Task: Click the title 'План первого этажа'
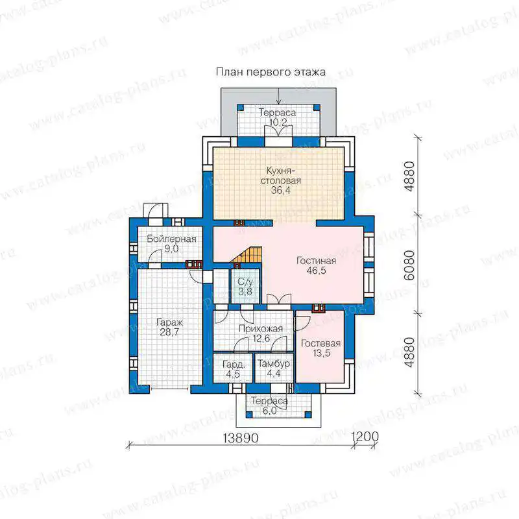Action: (x=271, y=73)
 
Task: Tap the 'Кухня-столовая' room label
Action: (x=281, y=175)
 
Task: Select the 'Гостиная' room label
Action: (x=316, y=261)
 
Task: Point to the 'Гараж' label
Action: (x=169, y=322)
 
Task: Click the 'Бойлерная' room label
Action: (x=171, y=239)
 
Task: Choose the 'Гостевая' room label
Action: (x=320, y=344)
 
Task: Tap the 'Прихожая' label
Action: (x=261, y=329)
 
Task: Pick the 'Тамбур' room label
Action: (x=274, y=364)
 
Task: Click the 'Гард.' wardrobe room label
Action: (x=234, y=365)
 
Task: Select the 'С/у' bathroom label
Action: (x=245, y=282)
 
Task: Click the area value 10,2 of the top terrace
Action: (x=278, y=122)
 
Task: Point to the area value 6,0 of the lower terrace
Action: (x=269, y=411)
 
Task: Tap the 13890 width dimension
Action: (x=240, y=438)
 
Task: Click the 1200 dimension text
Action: (x=365, y=437)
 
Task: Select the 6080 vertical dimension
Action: (x=409, y=265)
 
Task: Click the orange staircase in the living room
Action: (x=250, y=255)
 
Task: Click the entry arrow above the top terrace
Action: (x=279, y=96)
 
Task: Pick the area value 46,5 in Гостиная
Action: (x=316, y=271)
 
